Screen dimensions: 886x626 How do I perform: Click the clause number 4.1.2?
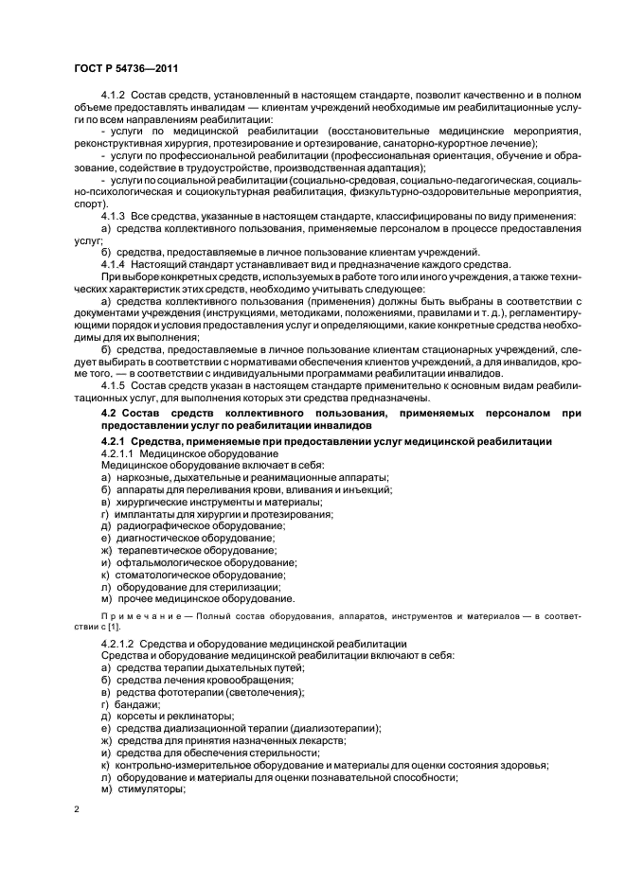click(x=115, y=97)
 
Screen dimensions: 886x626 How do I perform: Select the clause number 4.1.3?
click(x=115, y=216)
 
